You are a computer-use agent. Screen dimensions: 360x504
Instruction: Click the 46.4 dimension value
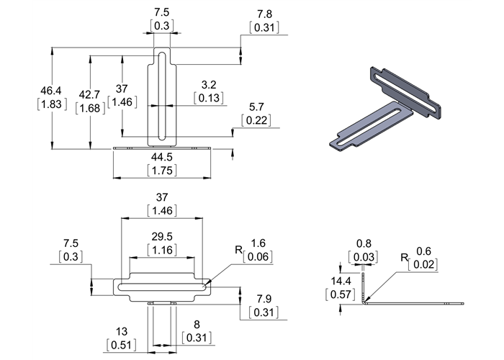click(x=51, y=91)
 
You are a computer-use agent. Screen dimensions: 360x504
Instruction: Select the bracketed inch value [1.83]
click(x=51, y=104)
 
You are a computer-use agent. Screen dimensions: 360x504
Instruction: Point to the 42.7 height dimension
click(x=90, y=94)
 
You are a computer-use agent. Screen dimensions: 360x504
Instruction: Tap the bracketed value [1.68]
click(x=90, y=108)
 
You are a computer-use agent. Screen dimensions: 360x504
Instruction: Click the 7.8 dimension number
click(x=264, y=14)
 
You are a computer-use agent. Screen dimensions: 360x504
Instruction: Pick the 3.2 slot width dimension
click(x=209, y=84)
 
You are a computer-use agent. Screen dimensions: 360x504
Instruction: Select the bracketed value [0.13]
click(x=209, y=97)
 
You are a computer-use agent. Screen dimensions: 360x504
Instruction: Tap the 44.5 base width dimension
click(x=161, y=157)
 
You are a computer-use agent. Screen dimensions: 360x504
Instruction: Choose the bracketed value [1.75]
click(x=161, y=170)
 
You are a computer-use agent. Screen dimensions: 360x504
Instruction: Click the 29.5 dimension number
click(x=161, y=236)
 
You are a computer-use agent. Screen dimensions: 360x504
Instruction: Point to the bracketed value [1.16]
click(x=161, y=249)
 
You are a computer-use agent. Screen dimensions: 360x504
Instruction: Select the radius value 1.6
click(x=257, y=243)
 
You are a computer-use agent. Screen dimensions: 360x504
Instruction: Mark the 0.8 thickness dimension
click(x=365, y=244)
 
